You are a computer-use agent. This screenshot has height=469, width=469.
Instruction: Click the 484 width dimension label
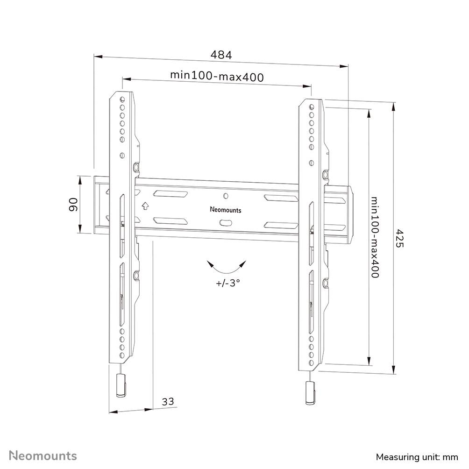(x=221, y=55)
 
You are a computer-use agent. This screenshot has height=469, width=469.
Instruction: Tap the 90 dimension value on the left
(x=73, y=204)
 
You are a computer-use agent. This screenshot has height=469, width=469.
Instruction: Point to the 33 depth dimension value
(x=168, y=401)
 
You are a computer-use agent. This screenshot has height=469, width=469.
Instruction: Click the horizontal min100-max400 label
(x=217, y=76)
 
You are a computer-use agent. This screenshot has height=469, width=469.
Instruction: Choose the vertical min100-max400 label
(x=375, y=237)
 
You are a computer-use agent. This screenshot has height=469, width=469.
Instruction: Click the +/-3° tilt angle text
(x=227, y=282)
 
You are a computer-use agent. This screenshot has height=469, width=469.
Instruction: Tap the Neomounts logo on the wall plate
(x=226, y=210)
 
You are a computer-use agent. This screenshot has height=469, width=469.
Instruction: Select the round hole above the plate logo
(x=226, y=196)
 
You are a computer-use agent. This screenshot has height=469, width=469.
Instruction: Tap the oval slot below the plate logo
(x=226, y=222)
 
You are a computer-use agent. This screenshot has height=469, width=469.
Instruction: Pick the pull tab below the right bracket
(x=309, y=393)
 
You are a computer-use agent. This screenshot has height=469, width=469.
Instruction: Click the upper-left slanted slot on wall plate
(x=170, y=194)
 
